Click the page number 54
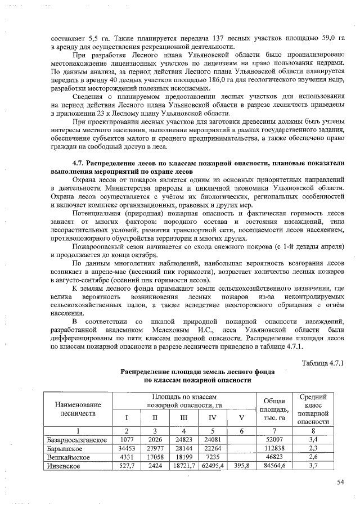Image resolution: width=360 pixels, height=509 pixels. (340, 481)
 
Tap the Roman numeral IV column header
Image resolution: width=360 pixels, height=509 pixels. (212, 418)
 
